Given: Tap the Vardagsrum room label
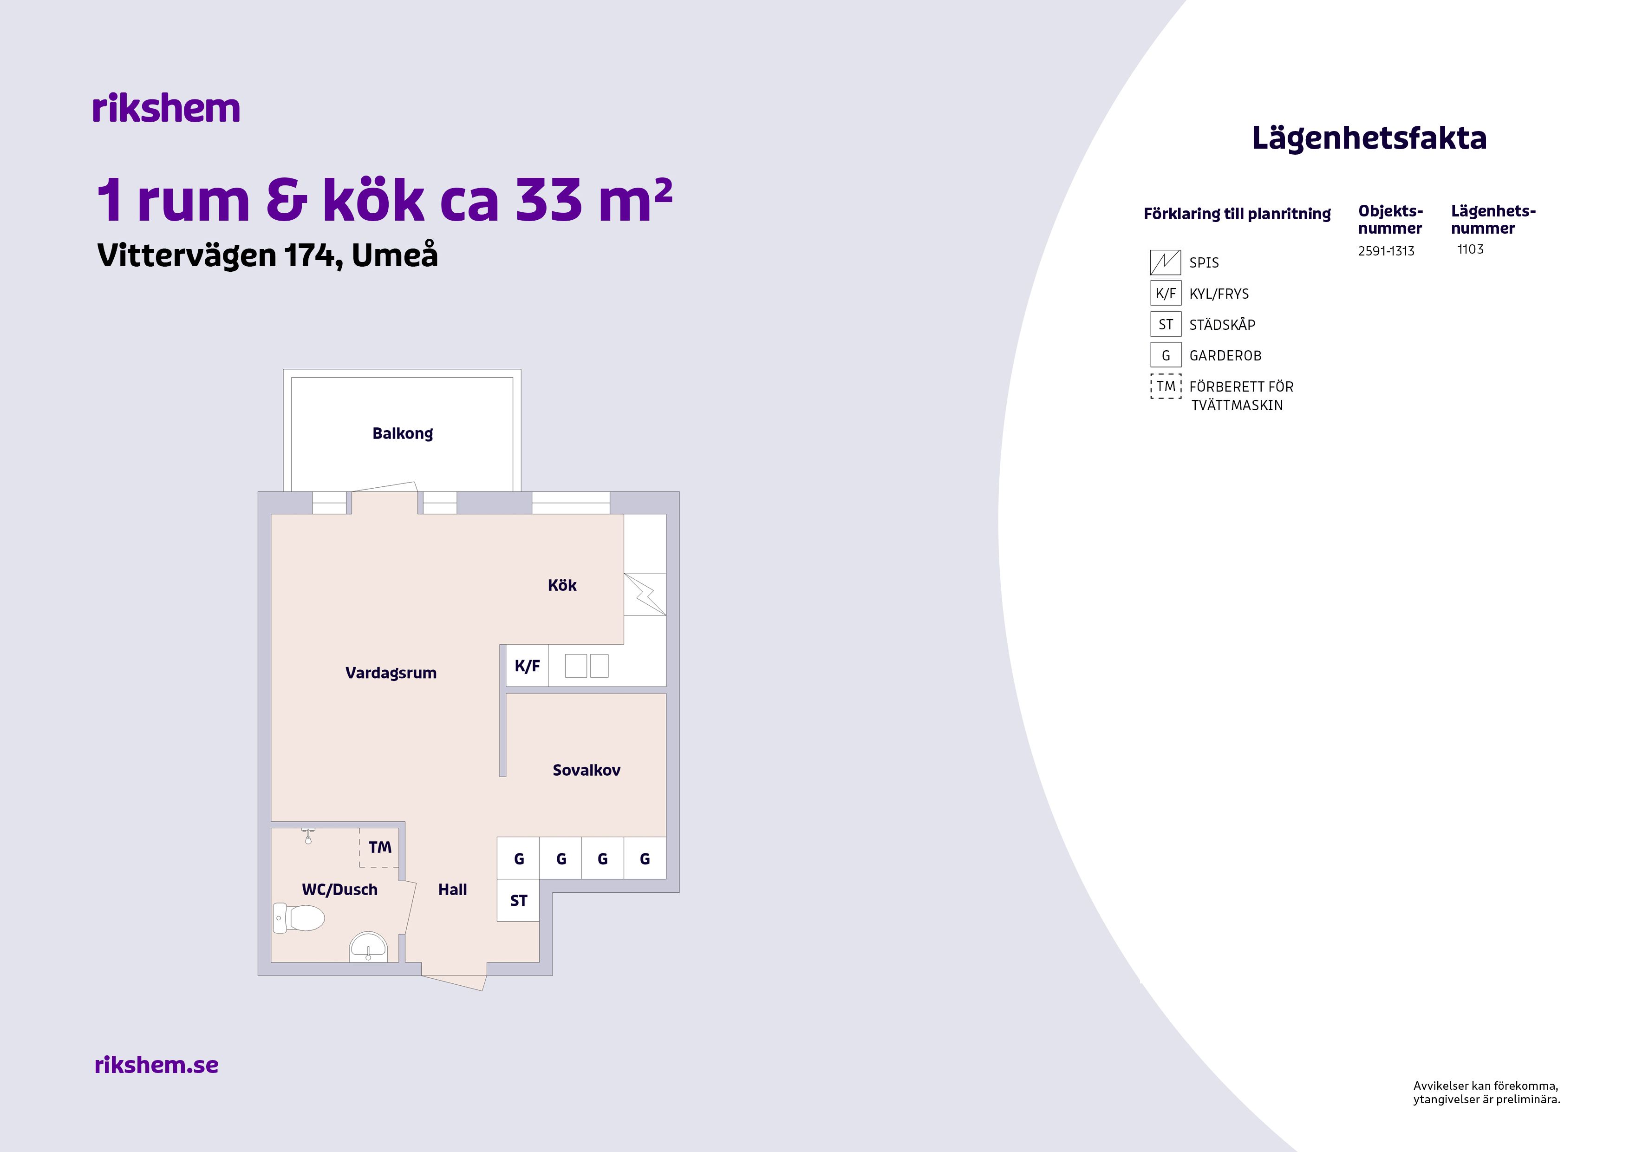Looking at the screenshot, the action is (391, 673).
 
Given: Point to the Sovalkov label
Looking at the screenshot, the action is (586, 770).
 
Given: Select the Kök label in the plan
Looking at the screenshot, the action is (562, 586).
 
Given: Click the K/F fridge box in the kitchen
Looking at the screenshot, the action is (527, 666).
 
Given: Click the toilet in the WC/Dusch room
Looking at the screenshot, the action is (299, 918).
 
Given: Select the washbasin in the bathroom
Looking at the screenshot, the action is (367, 948).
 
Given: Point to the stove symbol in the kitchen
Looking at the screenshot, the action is (645, 594).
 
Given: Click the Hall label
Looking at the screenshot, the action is (453, 890).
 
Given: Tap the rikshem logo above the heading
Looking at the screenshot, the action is (166, 109).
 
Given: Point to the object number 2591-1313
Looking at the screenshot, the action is (1386, 251).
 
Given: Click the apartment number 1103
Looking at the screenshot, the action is (1470, 249).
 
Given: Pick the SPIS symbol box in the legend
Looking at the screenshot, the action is (1165, 262).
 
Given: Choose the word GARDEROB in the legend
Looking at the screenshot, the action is (1225, 356).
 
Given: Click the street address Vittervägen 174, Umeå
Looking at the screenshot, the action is (267, 255).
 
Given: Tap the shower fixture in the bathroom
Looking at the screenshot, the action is (308, 835).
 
